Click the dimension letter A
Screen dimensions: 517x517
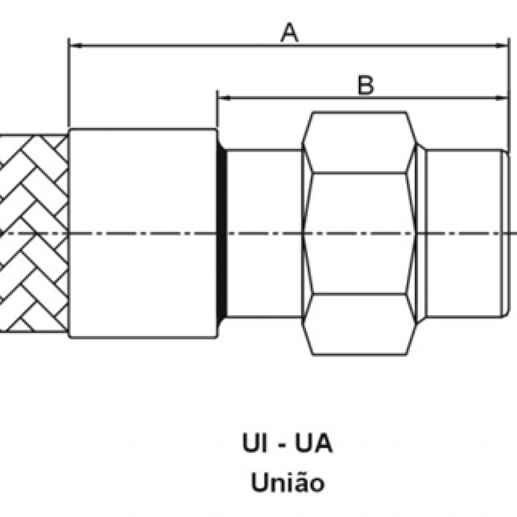click(x=290, y=34)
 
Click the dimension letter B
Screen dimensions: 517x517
click(x=366, y=85)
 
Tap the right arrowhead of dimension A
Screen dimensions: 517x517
click(x=503, y=45)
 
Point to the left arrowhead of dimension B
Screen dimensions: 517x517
click(x=223, y=97)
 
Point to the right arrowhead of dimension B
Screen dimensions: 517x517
click(x=503, y=97)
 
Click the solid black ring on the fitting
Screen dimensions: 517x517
click(x=222, y=233)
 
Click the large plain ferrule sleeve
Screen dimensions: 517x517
click(x=143, y=233)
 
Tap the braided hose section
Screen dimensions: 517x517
click(x=34, y=233)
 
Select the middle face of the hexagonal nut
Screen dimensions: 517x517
click(x=359, y=233)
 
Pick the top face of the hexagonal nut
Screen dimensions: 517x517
click(x=359, y=143)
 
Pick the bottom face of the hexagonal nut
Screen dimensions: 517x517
click(x=359, y=324)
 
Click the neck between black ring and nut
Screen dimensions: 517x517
click(x=264, y=233)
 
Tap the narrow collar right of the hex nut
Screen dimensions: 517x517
click(x=421, y=233)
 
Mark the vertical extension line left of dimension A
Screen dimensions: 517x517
click(x=69, y=83)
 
